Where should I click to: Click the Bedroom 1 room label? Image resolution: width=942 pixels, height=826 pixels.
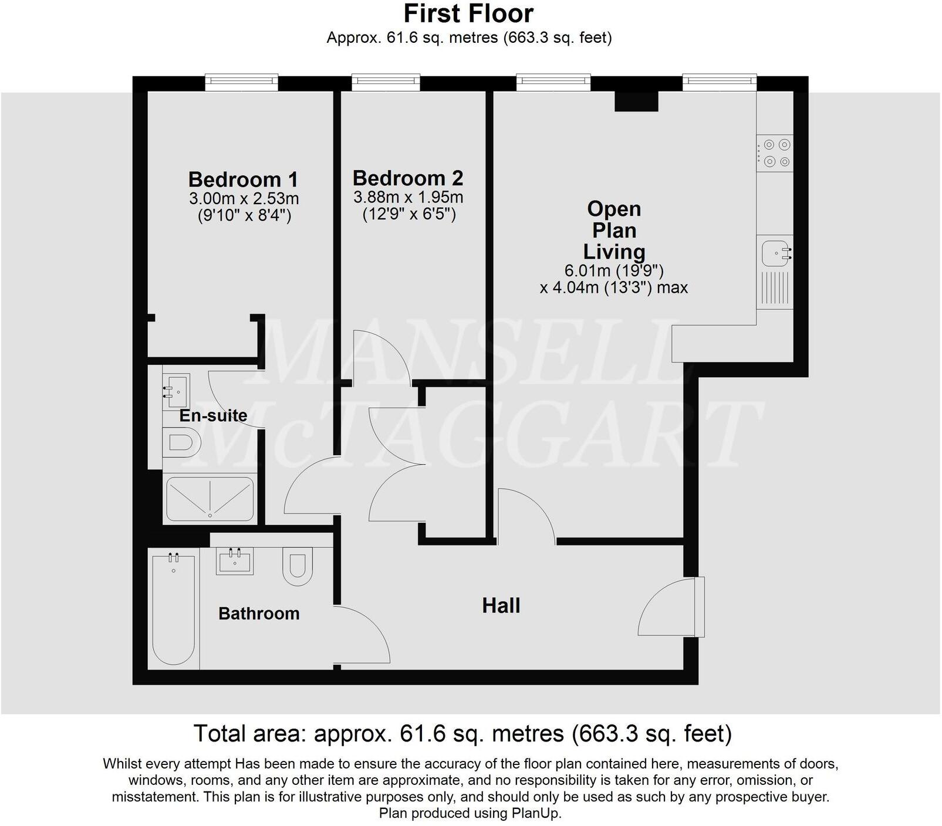243,179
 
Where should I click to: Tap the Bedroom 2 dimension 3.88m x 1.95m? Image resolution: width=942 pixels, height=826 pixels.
408,197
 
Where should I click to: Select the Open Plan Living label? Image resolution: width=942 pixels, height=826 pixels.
614,230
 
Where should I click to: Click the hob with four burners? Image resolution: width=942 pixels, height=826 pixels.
775,153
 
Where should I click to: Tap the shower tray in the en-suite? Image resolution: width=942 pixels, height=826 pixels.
210,499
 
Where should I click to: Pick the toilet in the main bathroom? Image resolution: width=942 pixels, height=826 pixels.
298,566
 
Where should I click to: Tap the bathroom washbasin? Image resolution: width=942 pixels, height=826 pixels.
235,560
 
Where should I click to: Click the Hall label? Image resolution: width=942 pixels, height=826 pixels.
501,605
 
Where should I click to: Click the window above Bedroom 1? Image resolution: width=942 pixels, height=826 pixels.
241,82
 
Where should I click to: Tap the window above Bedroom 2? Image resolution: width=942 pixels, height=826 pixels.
386,82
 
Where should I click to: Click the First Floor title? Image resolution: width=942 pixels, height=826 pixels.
468,13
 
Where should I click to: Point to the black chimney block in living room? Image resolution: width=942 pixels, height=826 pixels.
636,101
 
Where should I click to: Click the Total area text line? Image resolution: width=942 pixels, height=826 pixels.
462,733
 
